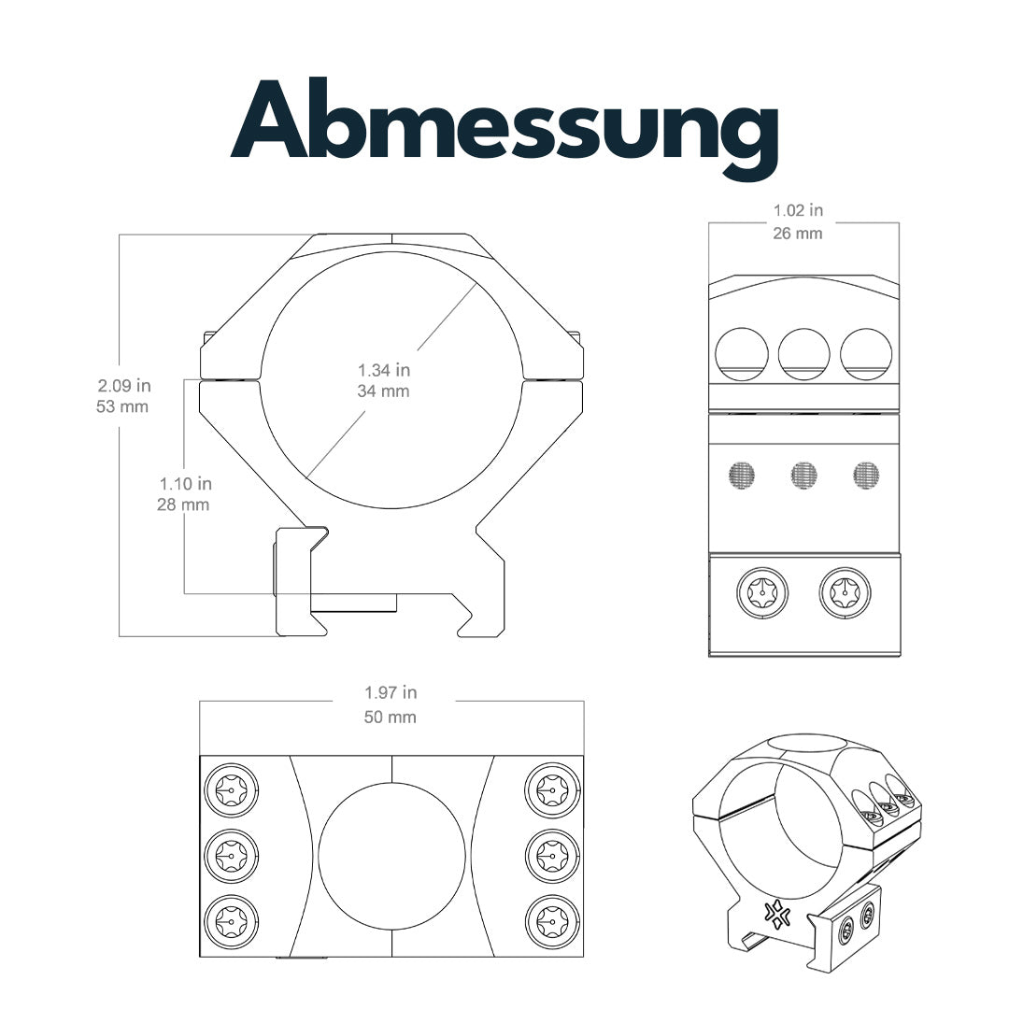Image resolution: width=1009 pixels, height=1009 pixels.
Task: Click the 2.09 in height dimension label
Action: pos(124,385)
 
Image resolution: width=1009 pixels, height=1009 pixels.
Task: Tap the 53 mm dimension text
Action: pos(122,406)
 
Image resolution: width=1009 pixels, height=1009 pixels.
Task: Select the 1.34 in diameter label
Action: pos(384,370)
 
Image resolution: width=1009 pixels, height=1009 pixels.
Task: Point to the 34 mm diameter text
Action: pos(384,391)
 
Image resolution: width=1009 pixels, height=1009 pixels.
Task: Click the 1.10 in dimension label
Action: pos(185,484)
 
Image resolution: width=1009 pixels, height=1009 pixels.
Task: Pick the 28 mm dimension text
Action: pos(183,505)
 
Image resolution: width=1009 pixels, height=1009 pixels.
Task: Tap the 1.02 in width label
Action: pos(798,211)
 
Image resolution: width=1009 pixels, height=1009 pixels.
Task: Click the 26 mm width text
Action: pos(798,233)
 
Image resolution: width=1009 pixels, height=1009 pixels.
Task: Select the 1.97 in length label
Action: pos(391,693)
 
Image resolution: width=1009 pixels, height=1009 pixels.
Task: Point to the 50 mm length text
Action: pos(391,718)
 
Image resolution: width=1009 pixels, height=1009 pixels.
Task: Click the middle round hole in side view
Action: pos(804,354)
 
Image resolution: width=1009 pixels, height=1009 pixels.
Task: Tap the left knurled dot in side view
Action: pos(742,476)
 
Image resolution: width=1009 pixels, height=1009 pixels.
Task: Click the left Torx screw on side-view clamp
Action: pos(762,592)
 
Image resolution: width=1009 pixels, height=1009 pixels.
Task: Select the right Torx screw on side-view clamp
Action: pos(845,592)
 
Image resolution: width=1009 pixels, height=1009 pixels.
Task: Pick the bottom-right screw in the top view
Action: pos(553,922)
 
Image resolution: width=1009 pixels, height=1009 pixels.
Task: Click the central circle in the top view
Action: pos(391,855)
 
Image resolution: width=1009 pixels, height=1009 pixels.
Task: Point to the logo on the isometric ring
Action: pos(775,914)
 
